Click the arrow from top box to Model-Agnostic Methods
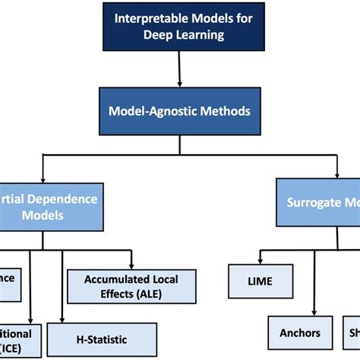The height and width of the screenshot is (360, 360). (x=180, y=69)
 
